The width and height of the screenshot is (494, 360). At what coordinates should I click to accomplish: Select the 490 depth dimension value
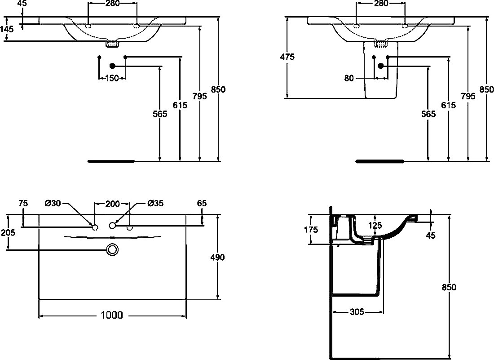coord(217,258)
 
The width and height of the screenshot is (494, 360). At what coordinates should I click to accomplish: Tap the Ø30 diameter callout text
coord(53,203)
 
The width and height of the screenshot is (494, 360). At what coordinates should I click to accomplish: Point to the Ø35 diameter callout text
coord(156,203)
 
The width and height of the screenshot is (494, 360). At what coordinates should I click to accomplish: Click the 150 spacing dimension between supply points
coord(112,78)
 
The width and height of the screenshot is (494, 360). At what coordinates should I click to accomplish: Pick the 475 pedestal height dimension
coord(287,57)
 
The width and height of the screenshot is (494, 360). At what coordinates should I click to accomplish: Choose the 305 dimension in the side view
coord(357,312)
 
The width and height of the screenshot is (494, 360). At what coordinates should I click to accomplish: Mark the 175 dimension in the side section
coord(311,230)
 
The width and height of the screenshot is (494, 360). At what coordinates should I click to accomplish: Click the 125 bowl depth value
coord(375,226)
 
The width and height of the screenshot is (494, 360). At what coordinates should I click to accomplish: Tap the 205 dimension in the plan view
coord(8,233)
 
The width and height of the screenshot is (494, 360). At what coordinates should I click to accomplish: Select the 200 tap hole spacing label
coord(112,204)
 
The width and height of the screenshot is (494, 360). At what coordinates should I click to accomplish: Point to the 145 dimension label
coord(7,29)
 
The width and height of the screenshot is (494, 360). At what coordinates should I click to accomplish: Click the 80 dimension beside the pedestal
coord(349,78)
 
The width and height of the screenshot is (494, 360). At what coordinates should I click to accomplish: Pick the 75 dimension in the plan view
coord(23,203)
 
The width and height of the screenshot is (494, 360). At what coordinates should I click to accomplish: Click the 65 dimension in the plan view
coord(202,203)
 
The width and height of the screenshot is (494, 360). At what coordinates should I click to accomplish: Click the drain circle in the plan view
coord(112,250)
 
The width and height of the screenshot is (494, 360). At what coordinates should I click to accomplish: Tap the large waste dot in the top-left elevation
coord(112,66)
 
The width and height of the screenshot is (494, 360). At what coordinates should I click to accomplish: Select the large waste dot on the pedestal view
coord(381,66)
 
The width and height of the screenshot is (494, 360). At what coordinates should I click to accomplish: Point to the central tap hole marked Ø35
coord(112,226)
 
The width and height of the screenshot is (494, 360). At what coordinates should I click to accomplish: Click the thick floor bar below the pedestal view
coord(379,161)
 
